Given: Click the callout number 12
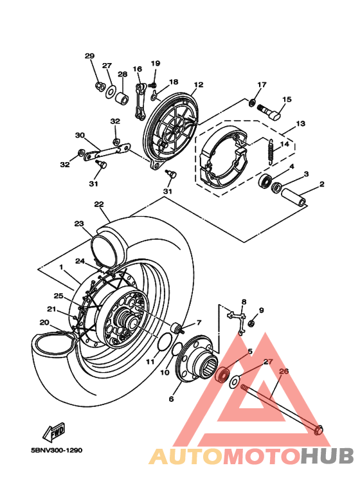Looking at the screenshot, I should click(x=198, y=85).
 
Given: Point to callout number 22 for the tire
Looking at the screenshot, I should click(x=98, y=204).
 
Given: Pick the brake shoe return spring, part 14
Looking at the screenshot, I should click(x=271, y=152).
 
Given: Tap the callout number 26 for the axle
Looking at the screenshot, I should click(x=284, y=371).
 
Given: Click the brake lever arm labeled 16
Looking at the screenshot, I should click(x=139, y=100).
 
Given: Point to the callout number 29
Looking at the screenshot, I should click(x=89, y=56).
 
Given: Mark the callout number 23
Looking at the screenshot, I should click(x=79, y=224).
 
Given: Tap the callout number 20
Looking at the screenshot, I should click(x=44, y=323).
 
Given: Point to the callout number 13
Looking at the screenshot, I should click(x=300, y=123).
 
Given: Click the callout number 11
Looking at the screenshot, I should click(x=150, y=362).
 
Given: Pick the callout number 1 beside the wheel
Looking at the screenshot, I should click(x=61, y=266).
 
